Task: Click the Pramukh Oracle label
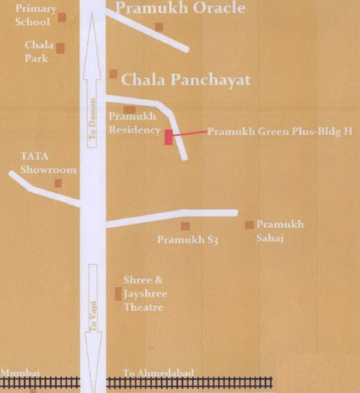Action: pos(180,8)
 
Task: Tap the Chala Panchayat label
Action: pos(186,80)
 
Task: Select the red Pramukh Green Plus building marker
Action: pos(168,136)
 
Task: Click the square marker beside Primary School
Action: pos(62,17)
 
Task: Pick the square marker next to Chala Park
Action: pos(60,48)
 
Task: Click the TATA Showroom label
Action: pos(48,163)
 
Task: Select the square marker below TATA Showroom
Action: pos(58,183)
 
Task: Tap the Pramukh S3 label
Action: pos(187,240)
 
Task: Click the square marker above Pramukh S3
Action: pos(185,226)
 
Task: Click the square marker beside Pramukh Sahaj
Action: pos(249,225)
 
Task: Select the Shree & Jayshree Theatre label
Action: pos(145,294)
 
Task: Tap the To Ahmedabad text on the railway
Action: pos(159,373)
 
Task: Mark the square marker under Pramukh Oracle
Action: pos(159,26)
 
